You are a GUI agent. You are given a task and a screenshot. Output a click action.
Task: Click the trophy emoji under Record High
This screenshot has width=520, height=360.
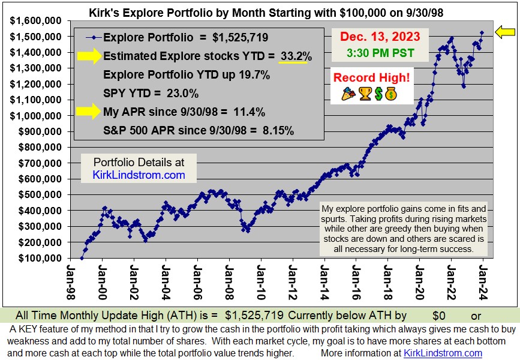point(365,94)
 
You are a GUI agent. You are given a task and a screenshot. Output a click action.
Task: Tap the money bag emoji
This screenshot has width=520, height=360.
point(390,94)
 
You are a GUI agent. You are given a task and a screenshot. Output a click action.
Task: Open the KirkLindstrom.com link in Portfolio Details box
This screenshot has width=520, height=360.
point(139,175)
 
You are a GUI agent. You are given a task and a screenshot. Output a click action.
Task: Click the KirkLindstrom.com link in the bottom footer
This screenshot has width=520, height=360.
point(443,353)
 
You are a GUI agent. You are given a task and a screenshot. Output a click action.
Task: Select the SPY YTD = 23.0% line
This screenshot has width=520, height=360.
point(151,94)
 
